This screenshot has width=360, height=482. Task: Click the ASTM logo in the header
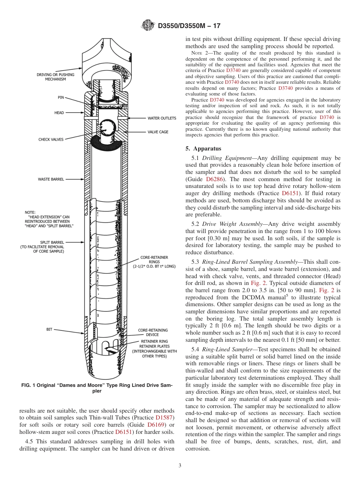(147, 26)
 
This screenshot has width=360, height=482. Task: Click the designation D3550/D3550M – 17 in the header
(189, 26)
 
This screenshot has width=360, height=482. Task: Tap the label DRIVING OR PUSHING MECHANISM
(55, 77)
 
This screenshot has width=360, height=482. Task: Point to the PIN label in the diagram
(61, 97)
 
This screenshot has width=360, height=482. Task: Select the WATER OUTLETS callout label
(162, 118)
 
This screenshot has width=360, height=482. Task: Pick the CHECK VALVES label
(51, 139)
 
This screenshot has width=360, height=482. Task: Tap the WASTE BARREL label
(51, 179)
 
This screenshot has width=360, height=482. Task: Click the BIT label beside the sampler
(49, 329)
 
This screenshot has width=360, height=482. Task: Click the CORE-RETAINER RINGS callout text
(154, 262)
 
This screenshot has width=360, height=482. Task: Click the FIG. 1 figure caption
(97, 388)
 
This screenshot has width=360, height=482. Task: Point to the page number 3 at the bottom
(180, 466)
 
